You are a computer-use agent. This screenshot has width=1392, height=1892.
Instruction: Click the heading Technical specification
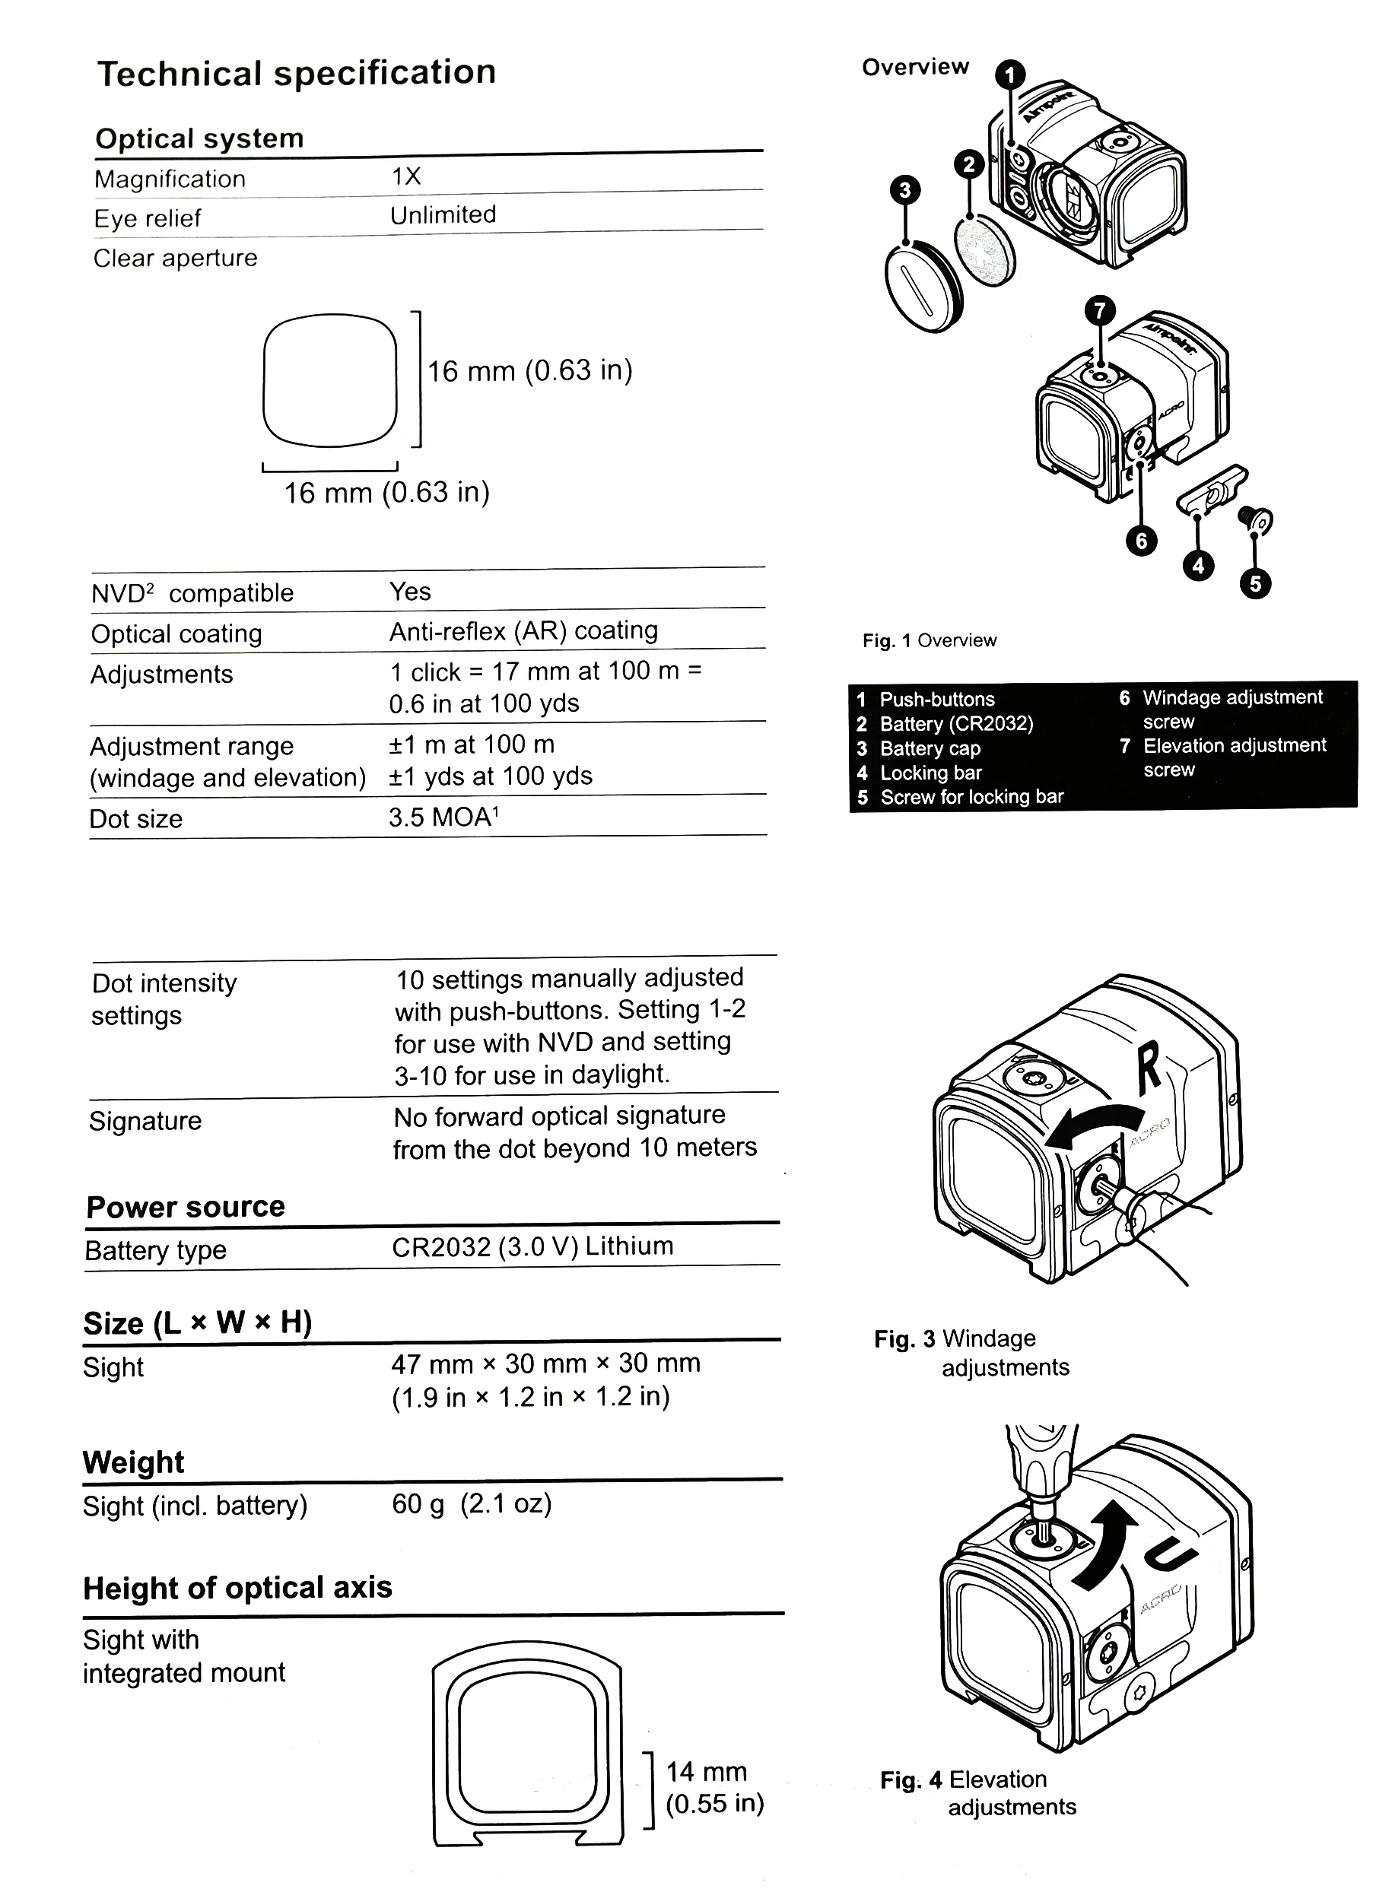pyautogui.click(x=297, y=73)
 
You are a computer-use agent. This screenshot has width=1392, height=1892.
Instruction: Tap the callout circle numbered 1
pyautogui.click(x=1010, y=75)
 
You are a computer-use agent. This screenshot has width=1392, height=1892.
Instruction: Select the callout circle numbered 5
pyautogui.click(x=1254, y=583)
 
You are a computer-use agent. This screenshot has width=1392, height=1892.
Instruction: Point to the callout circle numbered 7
pyautogui.click(x=1100, y=311)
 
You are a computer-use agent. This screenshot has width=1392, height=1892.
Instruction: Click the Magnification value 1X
pyautogui.click(x=406, y=176)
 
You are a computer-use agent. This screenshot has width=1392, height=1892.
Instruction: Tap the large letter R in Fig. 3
pyautogui.click(x=1149, y=1068)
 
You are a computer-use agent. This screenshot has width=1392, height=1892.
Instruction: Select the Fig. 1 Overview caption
pyautogui.click(x=929, y=640)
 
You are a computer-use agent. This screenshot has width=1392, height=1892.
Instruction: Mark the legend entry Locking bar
pyautogui.click(x=930, y=773)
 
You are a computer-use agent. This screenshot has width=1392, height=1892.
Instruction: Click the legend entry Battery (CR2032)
pyautogui.click(x=955, y=724)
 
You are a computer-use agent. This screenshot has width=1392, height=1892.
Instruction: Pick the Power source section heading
pyautogui.click(x=186, y=1206)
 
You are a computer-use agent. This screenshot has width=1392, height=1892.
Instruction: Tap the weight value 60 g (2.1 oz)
pyautogui.click(x=471, y=1503)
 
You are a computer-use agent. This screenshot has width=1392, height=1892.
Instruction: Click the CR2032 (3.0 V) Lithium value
pyautogui.click(x=532, y=1246)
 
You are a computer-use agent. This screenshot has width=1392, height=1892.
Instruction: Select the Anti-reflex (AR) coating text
pyautogui.click(x=523, y=630)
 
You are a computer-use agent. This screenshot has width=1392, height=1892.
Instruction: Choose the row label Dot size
pyautogui.click(x=135, y=819)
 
